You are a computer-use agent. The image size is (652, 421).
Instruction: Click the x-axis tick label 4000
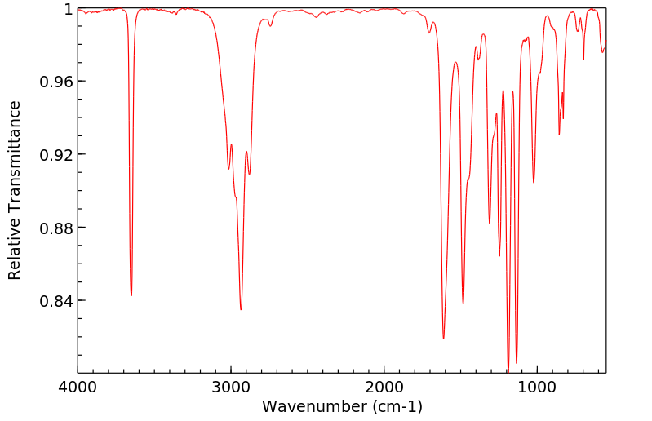pyautogui.click(x=78, y=388)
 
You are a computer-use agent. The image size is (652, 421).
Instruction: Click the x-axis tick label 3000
pyautogui.click(x=231, y=388)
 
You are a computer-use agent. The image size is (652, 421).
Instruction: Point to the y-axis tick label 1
pyautogui.click(x=68, y=9)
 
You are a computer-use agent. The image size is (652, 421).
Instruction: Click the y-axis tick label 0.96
pyautogui.click(x=57, y=82)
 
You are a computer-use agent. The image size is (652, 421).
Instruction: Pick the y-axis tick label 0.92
pyautogui.click(x=57, y=155)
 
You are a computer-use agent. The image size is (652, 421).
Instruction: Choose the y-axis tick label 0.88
pyautogui.click(x=57, y=228)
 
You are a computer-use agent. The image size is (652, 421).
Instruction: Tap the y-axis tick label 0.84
pyautogui.click(x=57, y=301)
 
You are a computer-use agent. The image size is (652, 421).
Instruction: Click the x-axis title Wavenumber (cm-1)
pyautogui.click(x=342, y=406)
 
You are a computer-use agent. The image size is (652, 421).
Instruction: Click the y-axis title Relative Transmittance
pyautogui.click(x=15, y=190)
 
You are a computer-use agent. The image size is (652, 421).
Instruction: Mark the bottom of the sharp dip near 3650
pyautogui.click(x=131, y=295)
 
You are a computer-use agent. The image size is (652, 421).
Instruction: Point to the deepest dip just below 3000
pyautogui.click(x=241, y=309)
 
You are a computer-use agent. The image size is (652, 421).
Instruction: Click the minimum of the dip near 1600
pyautogui.click(x=444, y=338)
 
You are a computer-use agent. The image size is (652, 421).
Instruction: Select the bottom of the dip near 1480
pyautogui.click(x=463, y=303)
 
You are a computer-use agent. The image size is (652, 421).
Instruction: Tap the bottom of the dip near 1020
pyautogui.click(x=534, y=182)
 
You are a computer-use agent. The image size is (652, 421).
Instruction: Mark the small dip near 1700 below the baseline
pyautogui.click(x=429, y=33)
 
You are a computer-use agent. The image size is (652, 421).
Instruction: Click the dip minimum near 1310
pyautogui.click(x=490, y=223)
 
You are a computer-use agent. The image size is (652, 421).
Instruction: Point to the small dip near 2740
pyautogui.click(x=271, y=26)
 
